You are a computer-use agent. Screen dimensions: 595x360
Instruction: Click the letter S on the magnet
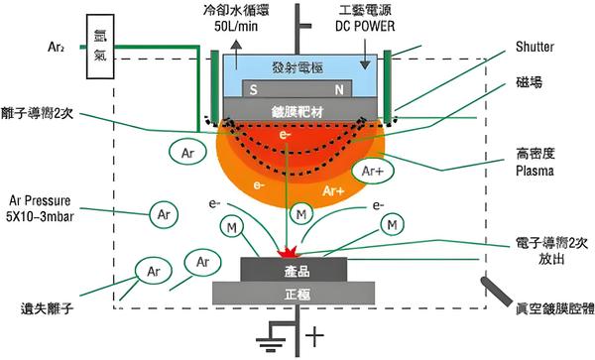coord(254,90)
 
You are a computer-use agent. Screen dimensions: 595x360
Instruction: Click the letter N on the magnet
coord(339,90)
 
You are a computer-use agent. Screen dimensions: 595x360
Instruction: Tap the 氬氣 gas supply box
coord(100,47)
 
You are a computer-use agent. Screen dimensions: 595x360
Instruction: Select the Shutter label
coord(535,47)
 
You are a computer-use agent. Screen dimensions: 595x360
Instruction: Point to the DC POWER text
coord(365,26)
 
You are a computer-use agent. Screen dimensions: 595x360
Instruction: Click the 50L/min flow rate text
coord(236,26)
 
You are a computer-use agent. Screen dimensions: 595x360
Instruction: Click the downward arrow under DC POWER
coord(365,55)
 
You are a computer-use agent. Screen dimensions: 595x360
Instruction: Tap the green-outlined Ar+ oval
coord(373,172)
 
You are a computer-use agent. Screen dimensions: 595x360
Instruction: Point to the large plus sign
coord(314,335)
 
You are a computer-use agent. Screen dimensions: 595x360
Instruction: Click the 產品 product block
coord(294,270)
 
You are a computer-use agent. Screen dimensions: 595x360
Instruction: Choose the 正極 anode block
coord(294,294)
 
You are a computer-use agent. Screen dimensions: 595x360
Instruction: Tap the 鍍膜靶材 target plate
coord(300,110)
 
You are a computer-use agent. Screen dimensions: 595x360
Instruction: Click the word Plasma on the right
coord(535,171)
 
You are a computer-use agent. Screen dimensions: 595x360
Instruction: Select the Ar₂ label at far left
coord(56,47)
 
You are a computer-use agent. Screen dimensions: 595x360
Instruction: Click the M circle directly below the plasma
coord(300,214)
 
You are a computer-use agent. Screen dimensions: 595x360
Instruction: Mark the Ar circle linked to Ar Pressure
coord(164,214)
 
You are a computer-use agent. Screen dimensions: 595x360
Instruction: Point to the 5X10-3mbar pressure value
coord(40,216)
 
